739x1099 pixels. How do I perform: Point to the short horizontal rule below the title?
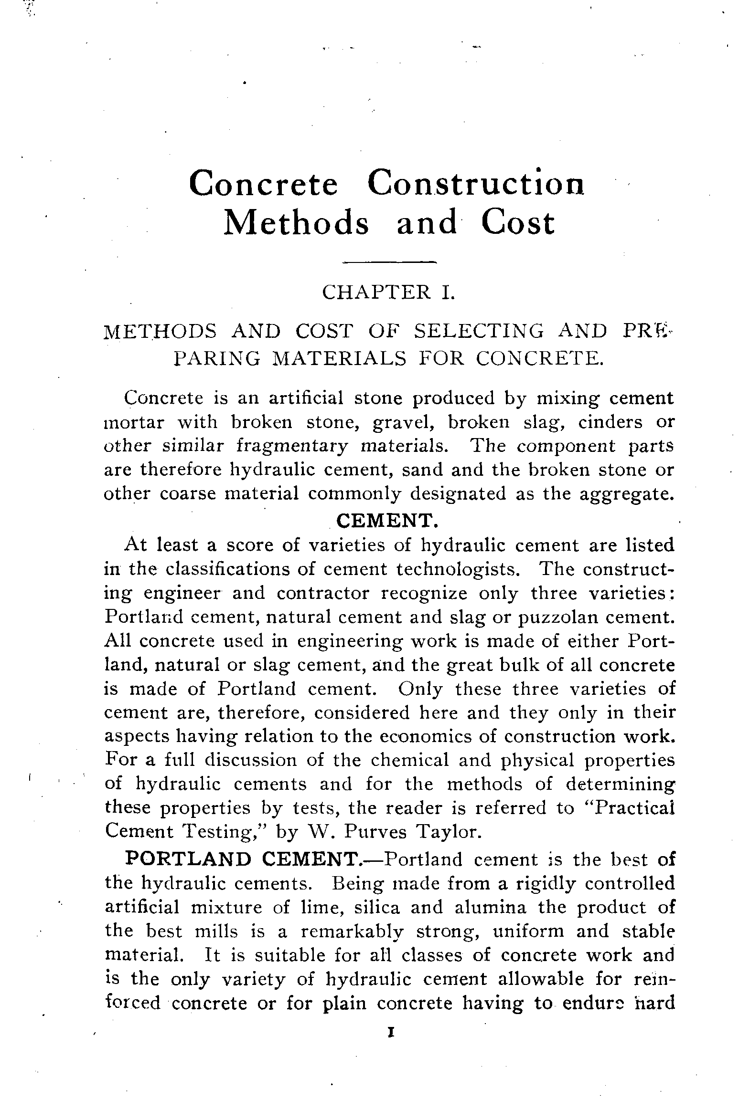point(390,262)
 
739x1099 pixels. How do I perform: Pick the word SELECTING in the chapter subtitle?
point(479,331)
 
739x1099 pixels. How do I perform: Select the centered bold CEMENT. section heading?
point(387,521)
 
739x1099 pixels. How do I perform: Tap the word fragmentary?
point(292,446)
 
